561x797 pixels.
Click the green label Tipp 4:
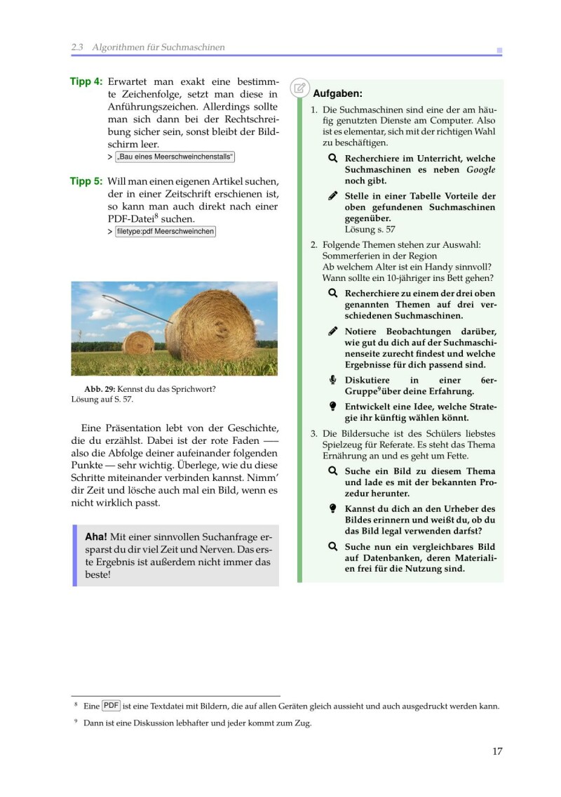pyautogui.click(x=86, y=81)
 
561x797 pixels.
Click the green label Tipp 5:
pyautogui.click(x=86, y=181)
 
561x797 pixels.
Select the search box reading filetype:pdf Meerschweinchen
pyautogui.click(x=165, y=232)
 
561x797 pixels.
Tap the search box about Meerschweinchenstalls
pyautogui.click(x=175, y=157)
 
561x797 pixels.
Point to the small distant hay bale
pyautogui.click(x=138, y=343)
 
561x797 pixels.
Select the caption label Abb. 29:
pyautogui.click(x=99, y=388)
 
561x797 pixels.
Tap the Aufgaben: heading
pyautogui.click(x=337, y=93)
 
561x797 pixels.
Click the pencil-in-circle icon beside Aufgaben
pyautogui.click(x=299, y=88)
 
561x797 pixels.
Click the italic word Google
pyautogui.click(x=481, y=169)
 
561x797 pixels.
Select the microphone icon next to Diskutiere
pyautogui.click(x=333, y=380)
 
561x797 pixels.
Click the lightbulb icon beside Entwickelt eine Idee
pyautogui.click(x=333, y=407)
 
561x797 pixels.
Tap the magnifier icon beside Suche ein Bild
pyautogui.click(x=333, y=471)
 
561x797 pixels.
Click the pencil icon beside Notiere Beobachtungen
pyautogui.click(x=333, y=331)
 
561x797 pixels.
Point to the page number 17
pyautogui.click(x=497, y=751)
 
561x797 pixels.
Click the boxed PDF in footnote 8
pyautogui.click(x=111, y=706)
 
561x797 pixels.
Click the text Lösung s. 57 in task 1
pyautogui.click(x=370, y=229)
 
